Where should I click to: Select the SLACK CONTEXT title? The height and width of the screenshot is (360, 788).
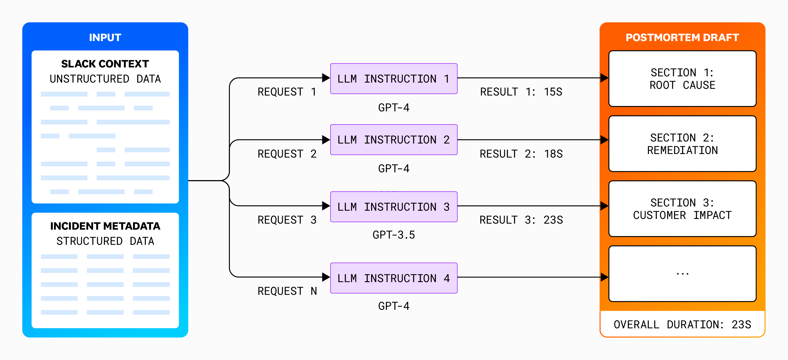click(x=105, y=64)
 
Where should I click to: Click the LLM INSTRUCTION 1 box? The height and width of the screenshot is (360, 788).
click(x=394, y=79)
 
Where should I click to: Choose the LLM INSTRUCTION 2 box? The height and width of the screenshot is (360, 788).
click(x=394, y=139)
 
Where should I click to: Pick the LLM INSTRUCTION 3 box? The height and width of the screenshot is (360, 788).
click(x=394, y=207)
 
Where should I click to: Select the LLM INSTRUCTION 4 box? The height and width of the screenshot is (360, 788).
click(x=394, y=278)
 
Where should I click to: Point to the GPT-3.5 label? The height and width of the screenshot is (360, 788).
click(x=394, y=235)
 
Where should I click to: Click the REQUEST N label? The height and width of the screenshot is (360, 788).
click(x=287, y=291)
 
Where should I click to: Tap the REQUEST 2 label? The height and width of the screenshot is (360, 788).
click(x=287, y=154)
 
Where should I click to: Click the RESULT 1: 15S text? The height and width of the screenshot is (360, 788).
click(x=521, y=92)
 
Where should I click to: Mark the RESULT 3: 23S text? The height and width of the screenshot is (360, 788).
click(x=521, y=220)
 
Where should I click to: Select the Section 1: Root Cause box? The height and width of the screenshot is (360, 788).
click(x=682, y=79)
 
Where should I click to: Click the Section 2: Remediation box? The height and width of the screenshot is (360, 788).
click(x=682, y=144)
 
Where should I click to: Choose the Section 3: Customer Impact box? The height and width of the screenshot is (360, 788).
click(x=682, y=209)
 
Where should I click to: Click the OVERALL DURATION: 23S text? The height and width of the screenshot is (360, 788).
click(x=682, y=324)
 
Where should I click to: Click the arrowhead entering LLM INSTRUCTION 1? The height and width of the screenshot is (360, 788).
click(x=326, y=78)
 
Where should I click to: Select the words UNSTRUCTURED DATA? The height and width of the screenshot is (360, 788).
click(x=105, y=79)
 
